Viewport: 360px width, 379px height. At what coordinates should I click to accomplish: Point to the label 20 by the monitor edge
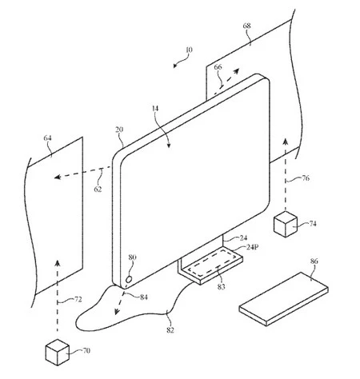pyautogui.click(x=119, y=130)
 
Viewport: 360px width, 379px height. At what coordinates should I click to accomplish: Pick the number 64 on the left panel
pyautogui.click(x=48, y=139)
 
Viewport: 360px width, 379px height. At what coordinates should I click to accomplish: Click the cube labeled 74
pyautogui.click(x=285, y=224)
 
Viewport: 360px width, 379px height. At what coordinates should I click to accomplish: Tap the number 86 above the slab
pyautogui.click(x=314, y=261)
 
